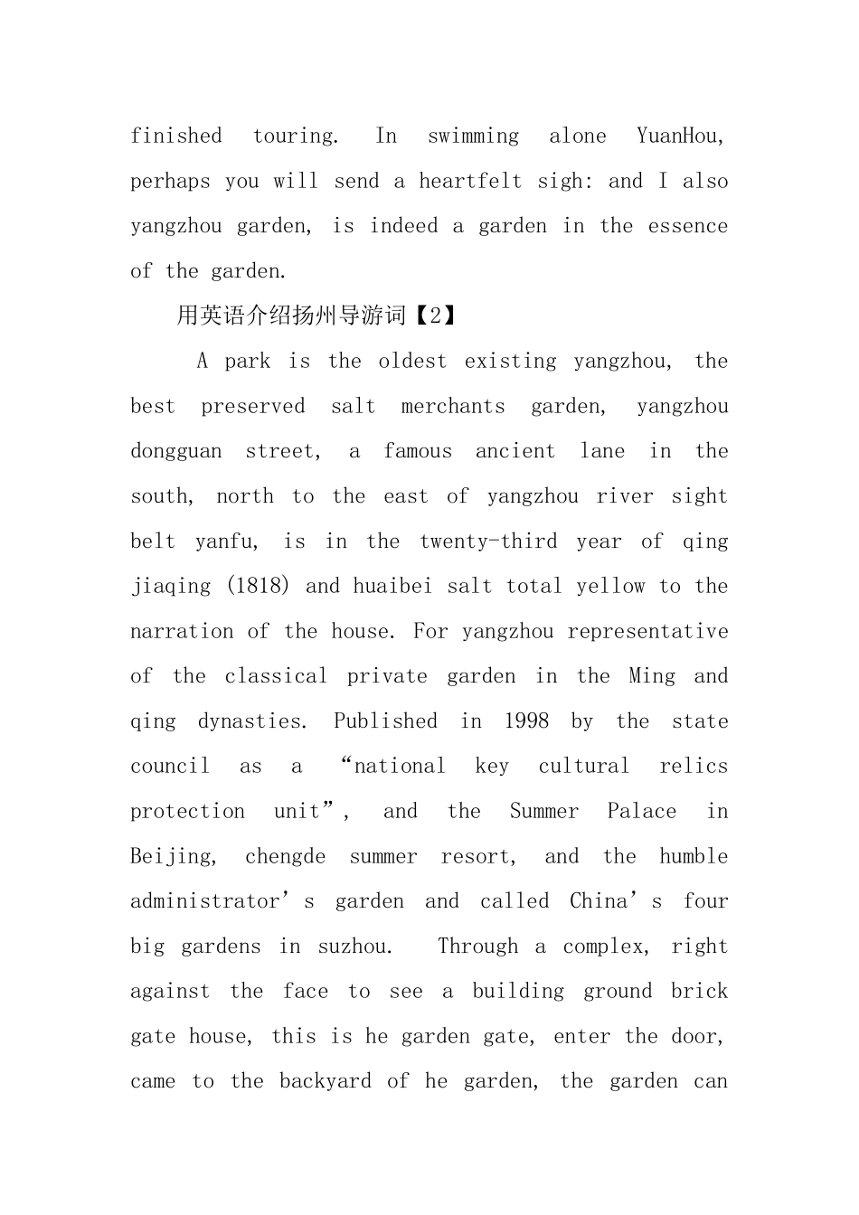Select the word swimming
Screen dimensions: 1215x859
pos(473,137)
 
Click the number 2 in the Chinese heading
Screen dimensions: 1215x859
pos(437,316)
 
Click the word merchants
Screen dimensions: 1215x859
pos(453,406)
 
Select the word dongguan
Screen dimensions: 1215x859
pos(175,451)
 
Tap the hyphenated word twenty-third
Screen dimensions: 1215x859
pos(488,542)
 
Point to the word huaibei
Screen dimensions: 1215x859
pos(392,586)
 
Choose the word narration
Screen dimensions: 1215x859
pos(182,631)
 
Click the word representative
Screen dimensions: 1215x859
pos(647,631)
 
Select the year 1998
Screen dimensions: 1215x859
pos(526,721)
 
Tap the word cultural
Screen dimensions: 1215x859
pos(584,767)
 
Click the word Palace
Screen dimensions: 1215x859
pos(641,811)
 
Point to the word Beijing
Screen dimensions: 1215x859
pos(173,856)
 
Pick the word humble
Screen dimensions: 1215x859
pos(694,856)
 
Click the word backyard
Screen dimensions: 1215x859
pos(325,1081)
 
